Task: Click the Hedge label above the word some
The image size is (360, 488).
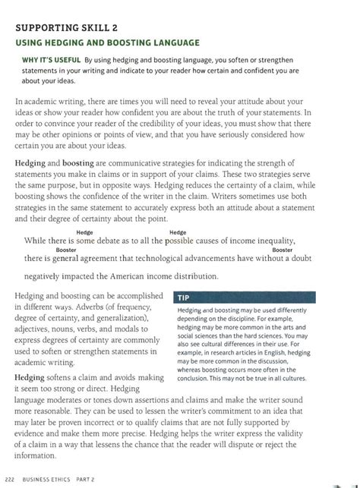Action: point(85,233)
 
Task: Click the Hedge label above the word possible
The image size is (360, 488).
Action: point(178,233)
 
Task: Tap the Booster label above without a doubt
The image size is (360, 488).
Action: point(283,250)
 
